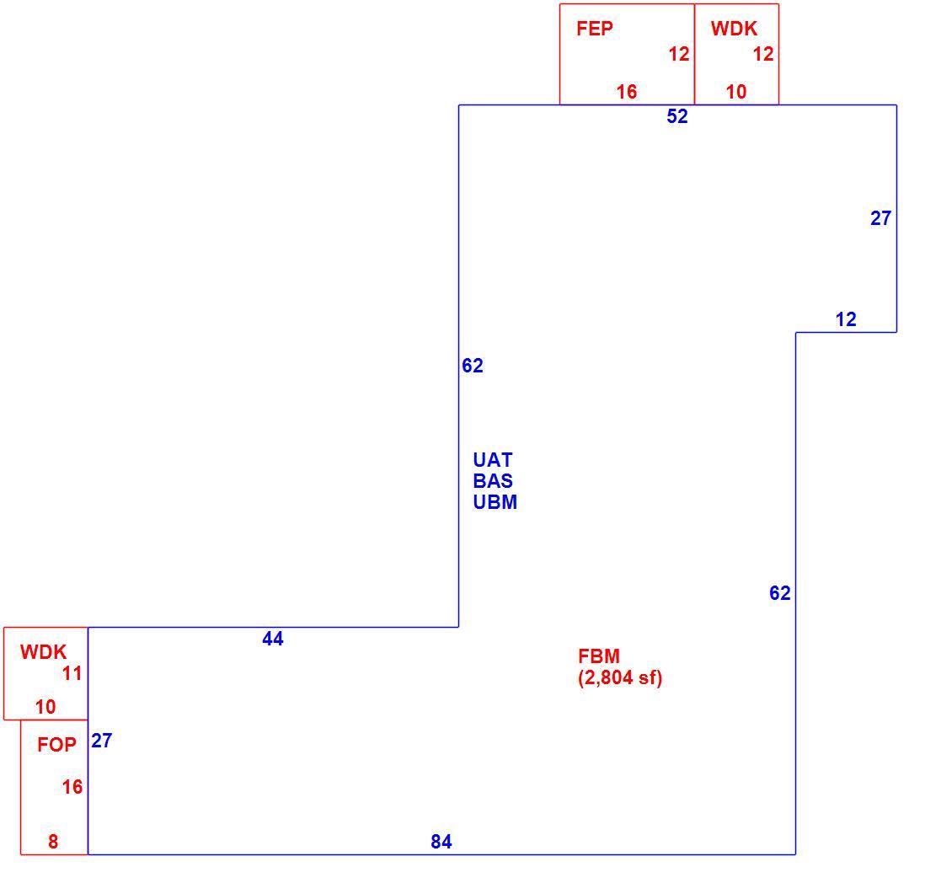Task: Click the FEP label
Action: [595, 29]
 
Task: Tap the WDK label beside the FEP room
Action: [734, 29]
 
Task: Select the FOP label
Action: [56, 744]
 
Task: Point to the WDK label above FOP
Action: [44, 652]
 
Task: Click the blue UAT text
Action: [493, 459]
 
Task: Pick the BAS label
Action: [493, 481]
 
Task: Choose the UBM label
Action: [495, 502]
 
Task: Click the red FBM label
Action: [599, 656]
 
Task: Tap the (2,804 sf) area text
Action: [620, 677]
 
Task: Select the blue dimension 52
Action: [677, 116]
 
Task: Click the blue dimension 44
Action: [273, 638]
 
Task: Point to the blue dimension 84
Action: [441, 842]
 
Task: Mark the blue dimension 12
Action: [846, 319]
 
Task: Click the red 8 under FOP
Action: [53, 842]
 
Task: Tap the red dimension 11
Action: [72, 673]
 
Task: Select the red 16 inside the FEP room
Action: [627, 92]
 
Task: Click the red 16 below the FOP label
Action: [72, 786]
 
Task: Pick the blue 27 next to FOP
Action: [101, 741]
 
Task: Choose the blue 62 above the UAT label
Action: [473, 366]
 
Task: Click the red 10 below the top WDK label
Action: [736, 92]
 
